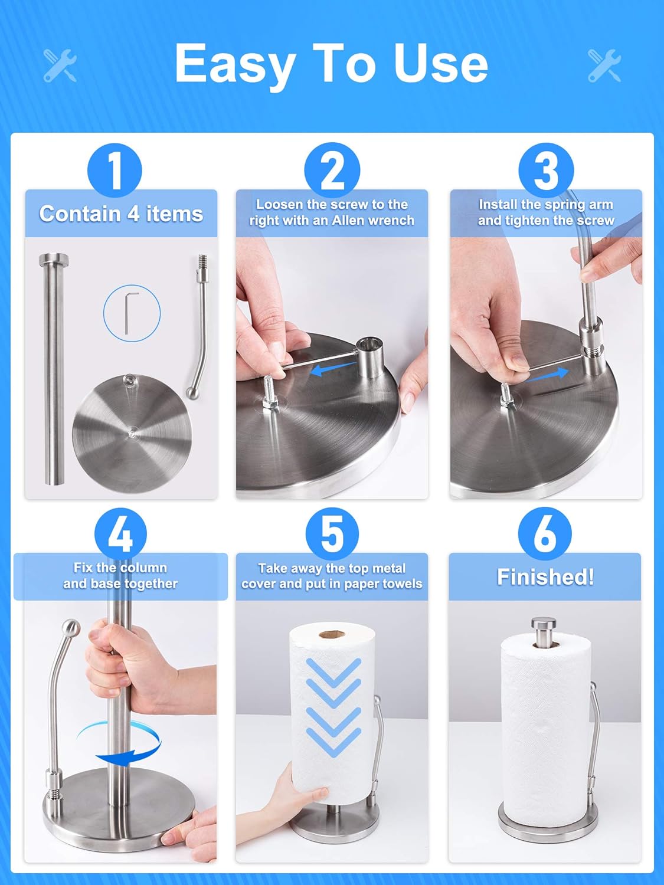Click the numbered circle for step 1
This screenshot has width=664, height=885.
click(x=115, y=170)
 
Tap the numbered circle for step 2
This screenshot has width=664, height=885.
click(x=332, y=170)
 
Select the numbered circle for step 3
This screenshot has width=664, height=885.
click(x=546, y=170)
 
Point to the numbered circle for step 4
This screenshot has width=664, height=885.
click(x=120, y=534)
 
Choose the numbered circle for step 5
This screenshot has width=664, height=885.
click(x=332, y=534)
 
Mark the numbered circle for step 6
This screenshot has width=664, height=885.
click(x=545, y=534)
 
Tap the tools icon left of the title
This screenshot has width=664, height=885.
click(x=60, y=65)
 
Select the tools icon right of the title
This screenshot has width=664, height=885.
click(x=604, y=65)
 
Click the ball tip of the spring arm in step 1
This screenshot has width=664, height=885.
click(x=193, y=392)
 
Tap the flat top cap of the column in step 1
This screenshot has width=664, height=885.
click(x=54, y=259)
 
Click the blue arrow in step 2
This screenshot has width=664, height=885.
click(x=333, y=369)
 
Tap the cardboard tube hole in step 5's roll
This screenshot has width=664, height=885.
click(x=332, y=635)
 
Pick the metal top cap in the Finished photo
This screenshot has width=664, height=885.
click(x=544, y=630)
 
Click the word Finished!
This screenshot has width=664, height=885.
click(x=545, y=576)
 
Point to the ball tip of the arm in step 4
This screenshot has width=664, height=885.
click(x=71, y=628)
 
